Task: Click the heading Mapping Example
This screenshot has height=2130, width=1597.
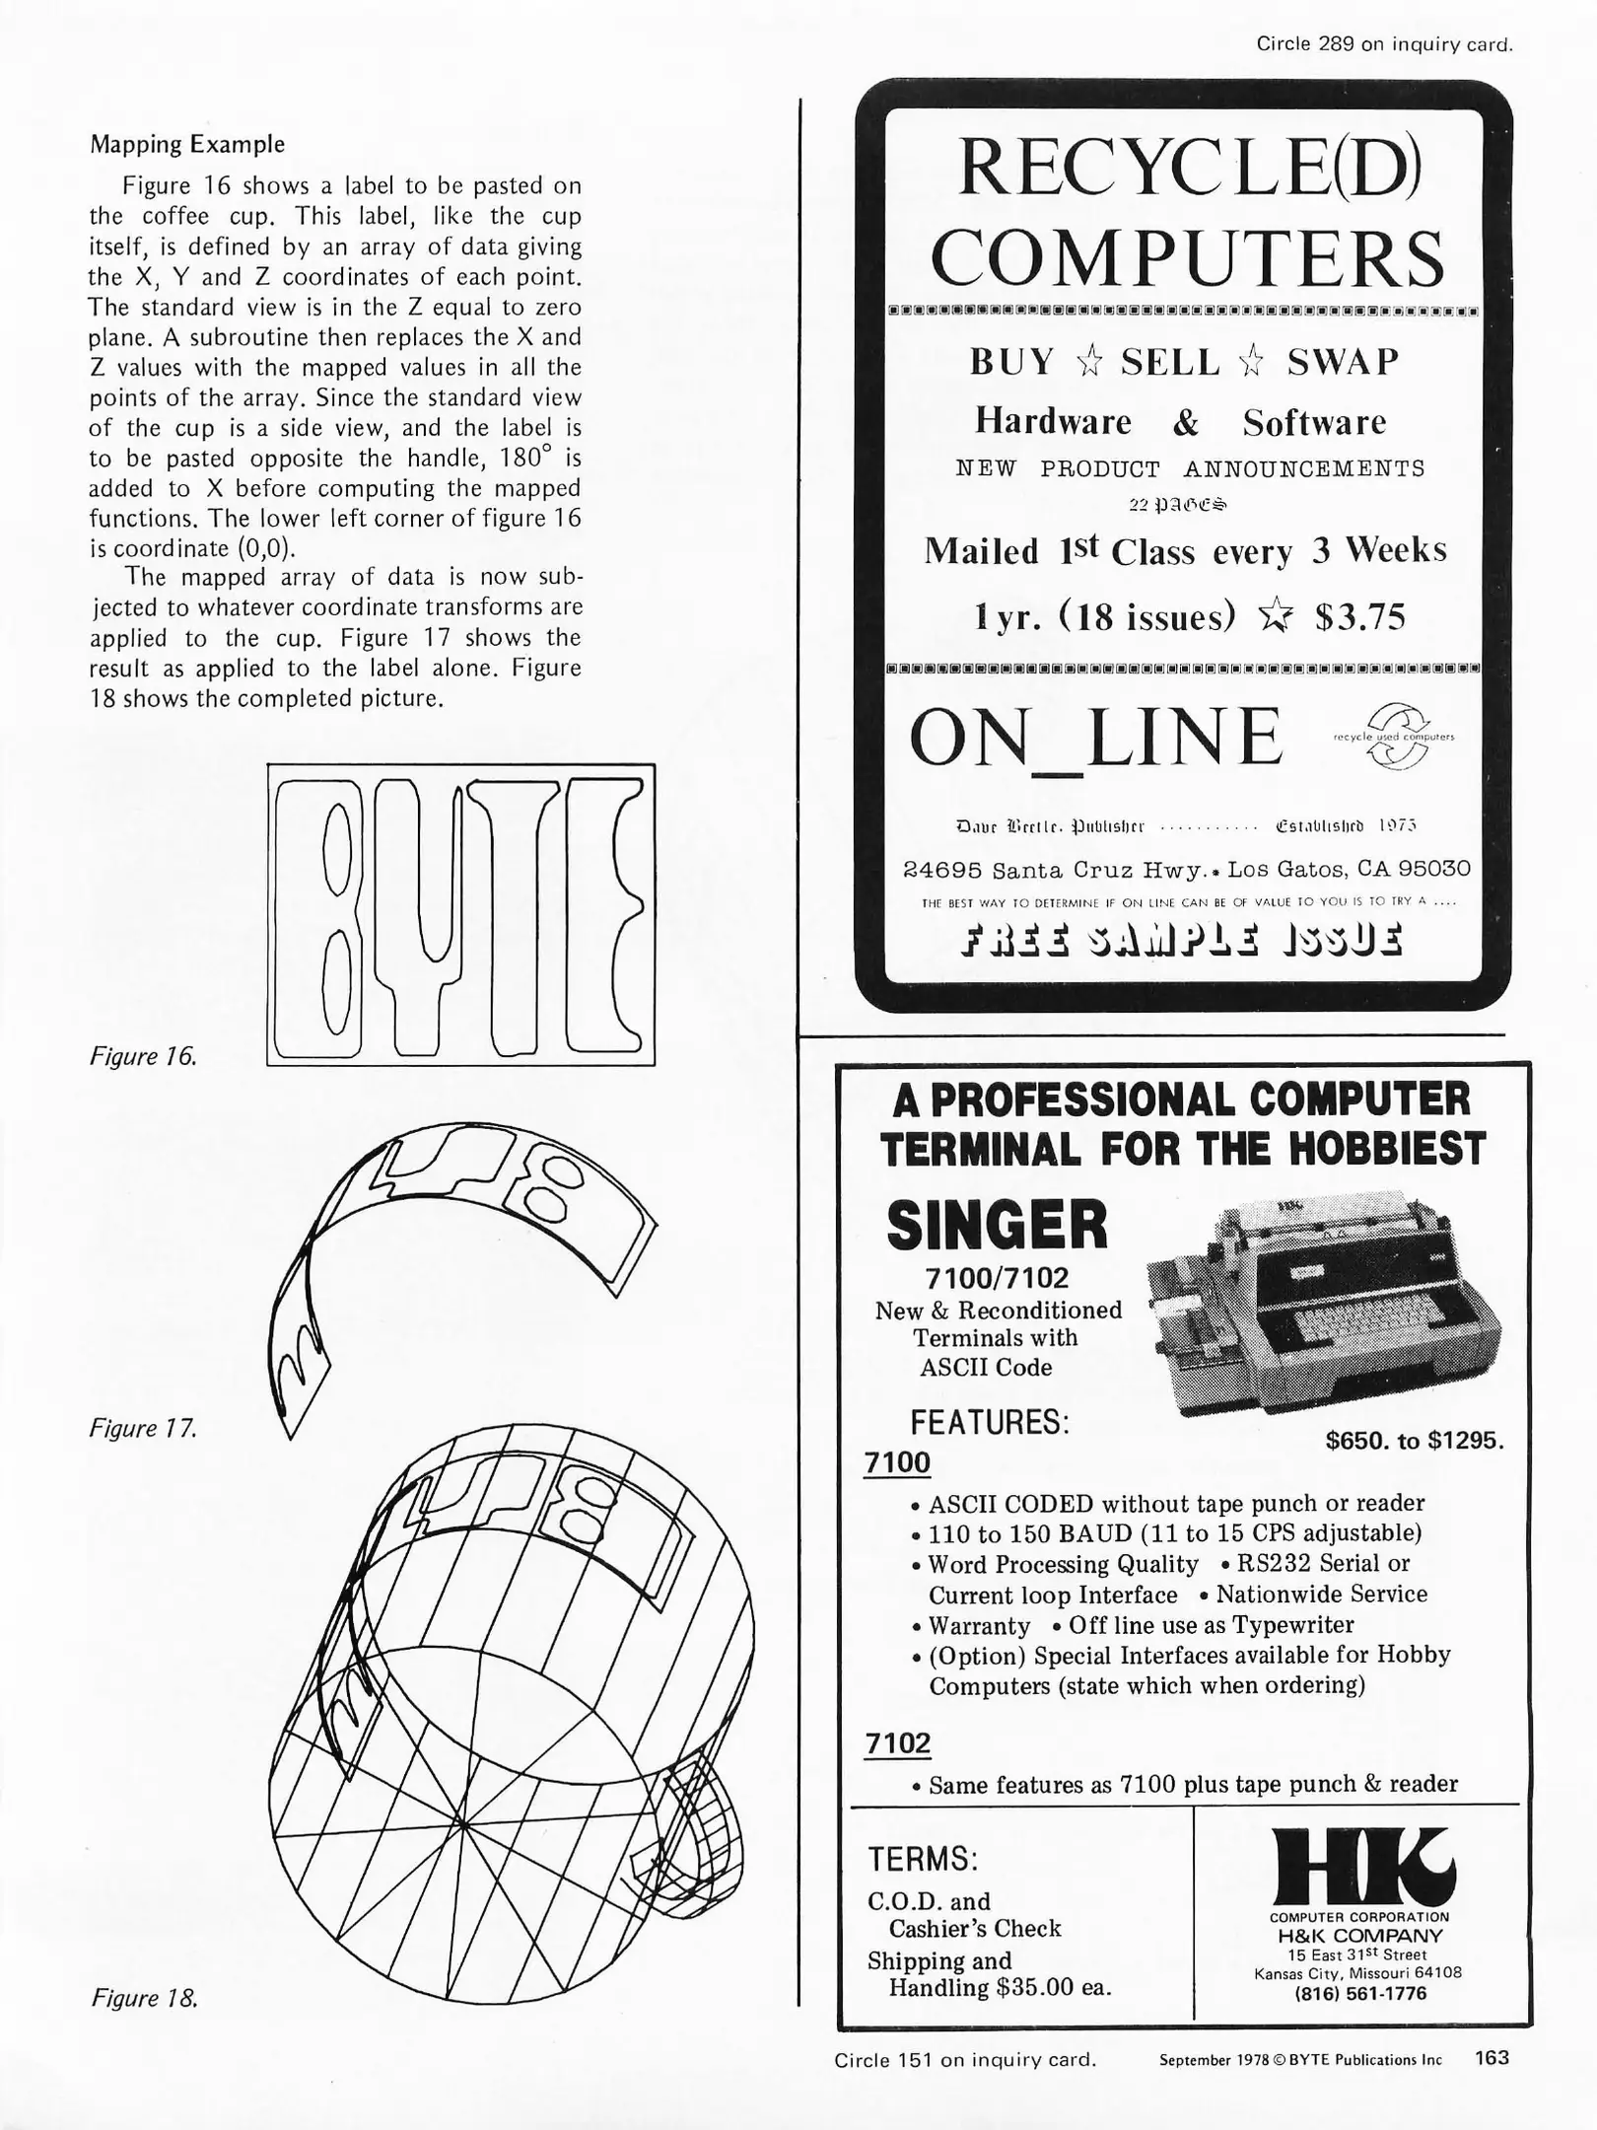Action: [x=187, y=144]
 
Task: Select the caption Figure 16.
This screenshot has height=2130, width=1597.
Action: [x=143, y=1056]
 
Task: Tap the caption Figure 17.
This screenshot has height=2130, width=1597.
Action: [x=143, y=1428]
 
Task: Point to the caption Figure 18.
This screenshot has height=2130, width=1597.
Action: [x=144, y=1998]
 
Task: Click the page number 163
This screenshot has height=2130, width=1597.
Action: [x=1492, y=2057]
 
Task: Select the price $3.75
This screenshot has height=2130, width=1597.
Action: [x=1360, y=617]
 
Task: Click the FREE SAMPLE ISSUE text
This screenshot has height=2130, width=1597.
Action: [x=1181, y=940]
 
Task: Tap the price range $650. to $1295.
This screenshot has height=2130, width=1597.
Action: [x=1414, y=1441]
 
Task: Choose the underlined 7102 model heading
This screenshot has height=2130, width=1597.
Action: [x=897, y=1743]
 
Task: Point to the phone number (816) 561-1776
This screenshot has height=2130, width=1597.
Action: [x=1359, y=1994]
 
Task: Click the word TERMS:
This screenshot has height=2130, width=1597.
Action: [x=922, y=1859]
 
